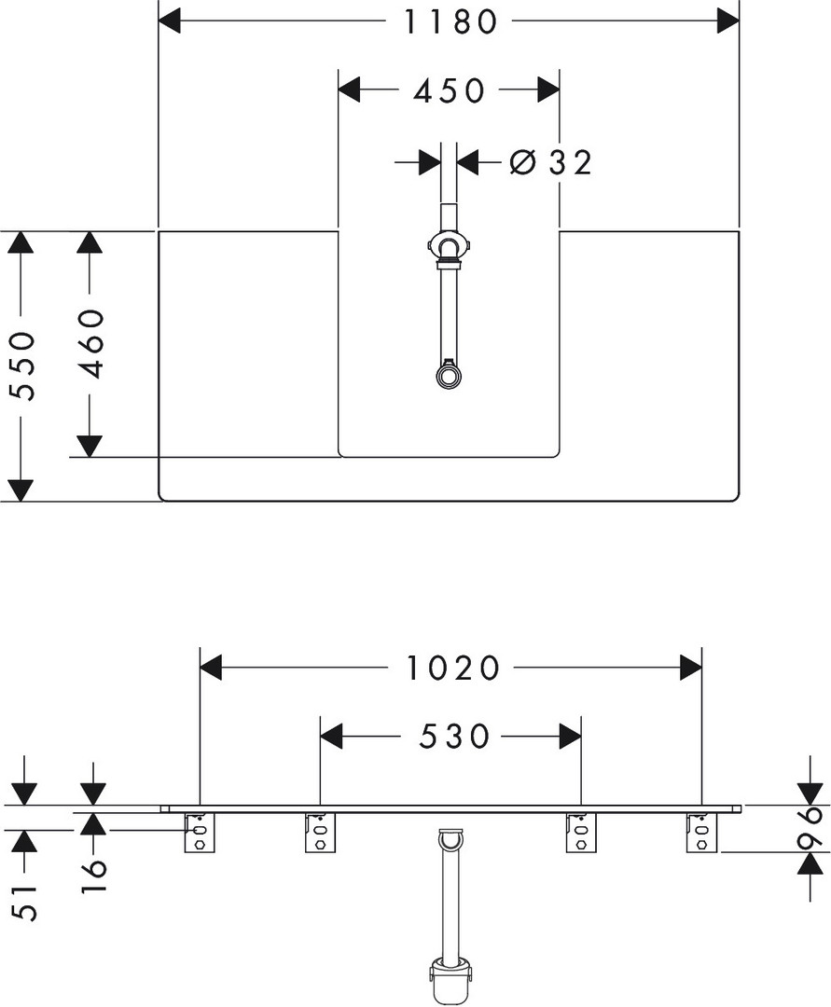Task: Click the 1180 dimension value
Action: point(450,21)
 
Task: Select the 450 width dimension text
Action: point(449,90)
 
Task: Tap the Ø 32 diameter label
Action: point(551,163)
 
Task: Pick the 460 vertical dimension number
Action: point(91,343)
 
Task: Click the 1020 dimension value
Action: point(453,668)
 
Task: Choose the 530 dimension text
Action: point(454,737)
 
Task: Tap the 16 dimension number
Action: point(94,876)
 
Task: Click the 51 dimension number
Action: point(27,903)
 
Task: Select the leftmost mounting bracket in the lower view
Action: point(199,832)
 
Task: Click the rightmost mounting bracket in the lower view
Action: point(701,832)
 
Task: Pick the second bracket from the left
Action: point(319,832)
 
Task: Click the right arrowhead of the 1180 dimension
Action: point(727,21)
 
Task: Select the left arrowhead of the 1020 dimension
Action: point(212,668)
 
